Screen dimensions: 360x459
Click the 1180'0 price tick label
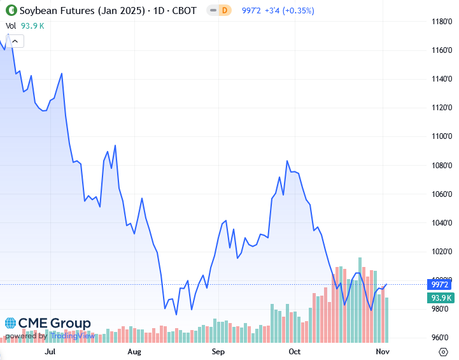(x=441, y=21)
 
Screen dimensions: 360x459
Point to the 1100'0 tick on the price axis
(x=441, y=136)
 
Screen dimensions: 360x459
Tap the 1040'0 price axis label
(x=441, y=223)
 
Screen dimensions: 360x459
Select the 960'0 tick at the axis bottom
(x=441, y=338)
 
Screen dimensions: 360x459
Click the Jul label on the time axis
(x=50, y=351)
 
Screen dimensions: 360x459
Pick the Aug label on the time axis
(x=134, y=351)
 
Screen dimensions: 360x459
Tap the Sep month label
(x=218, y=351)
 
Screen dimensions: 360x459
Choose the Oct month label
(x=294, y=351)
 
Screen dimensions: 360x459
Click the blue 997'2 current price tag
(x=441, y=285)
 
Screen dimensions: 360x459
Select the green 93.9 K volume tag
(x=441, y=298)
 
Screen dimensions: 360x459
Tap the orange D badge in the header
(x=223, y=11)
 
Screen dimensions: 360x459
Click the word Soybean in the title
(x=38, y=11)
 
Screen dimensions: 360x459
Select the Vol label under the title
(x=11, y=25)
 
